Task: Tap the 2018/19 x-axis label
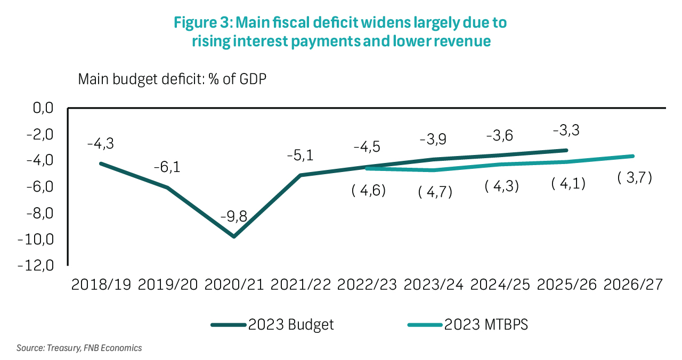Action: pyautogui.click(x=101, y=284)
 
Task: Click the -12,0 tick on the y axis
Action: pyautogui.click(x=35, y=266)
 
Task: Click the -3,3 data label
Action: pyautogui.click(x=566, y=130)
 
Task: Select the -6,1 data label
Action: pyautogui.click(x=168, y=167)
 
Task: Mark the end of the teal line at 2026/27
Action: pyautogui.click(x=633, y=156)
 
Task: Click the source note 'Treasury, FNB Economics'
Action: pyautogui.click(x=79, y=348)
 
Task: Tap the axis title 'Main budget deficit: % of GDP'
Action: pyautogui.click(x=172, y=79)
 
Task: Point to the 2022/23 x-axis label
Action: pyautogui.click(x=367, y=284)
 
